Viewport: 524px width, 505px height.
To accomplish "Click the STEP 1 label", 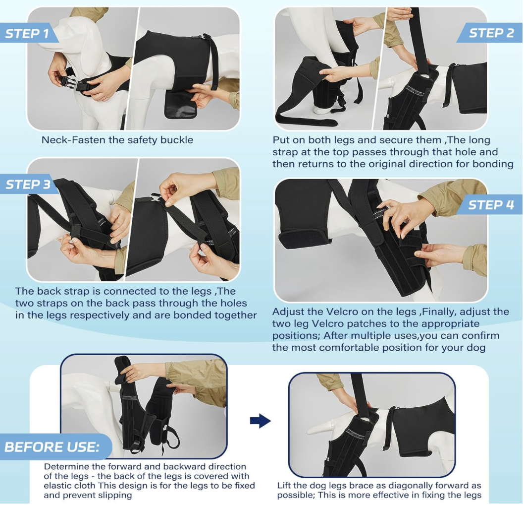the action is (27, 33).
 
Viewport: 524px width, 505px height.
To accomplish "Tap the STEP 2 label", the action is (491, 33).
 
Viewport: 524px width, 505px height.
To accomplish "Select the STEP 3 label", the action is (28, 184).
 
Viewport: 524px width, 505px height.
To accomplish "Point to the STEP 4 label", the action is (491, 205).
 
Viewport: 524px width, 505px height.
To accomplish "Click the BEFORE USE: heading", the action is (52, 447).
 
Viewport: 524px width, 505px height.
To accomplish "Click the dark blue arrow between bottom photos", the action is (260, 421).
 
